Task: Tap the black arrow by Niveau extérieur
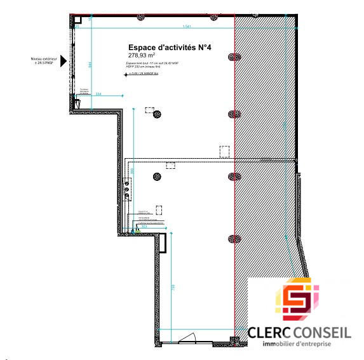[63, 63]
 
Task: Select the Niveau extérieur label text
[44, 61]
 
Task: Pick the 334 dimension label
[98, 94]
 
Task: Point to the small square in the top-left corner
[78, 21]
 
